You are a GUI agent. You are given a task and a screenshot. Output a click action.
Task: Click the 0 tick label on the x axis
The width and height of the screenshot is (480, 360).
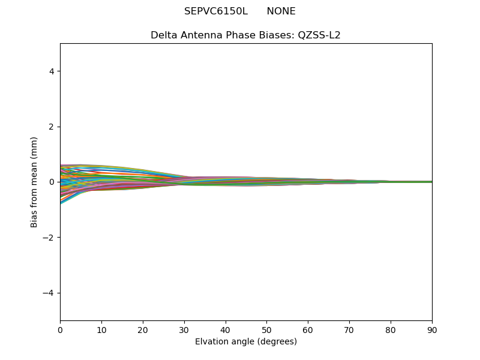click(x=60, y=329)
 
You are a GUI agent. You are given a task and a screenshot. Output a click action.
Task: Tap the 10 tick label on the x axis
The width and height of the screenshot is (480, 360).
click(x=101, y=329)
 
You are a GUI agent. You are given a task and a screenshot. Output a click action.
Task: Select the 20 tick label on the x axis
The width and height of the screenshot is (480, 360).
click(x=143, y=329)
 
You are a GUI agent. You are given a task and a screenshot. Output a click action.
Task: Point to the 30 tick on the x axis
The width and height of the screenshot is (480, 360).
click(x=184, y=329)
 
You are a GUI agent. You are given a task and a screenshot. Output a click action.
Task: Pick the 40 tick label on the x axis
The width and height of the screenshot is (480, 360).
click(x=226, y=329)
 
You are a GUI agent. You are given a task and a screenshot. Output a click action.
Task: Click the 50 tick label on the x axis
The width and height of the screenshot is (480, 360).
click(x=266, y=329)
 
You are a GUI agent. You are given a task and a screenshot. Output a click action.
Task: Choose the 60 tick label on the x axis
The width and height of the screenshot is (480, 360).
click(x=308, y=329)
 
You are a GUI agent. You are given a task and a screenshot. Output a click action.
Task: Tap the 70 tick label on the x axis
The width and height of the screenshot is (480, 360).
click(x=349, y=329)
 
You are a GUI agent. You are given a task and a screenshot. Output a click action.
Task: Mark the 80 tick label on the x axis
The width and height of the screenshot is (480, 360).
click(x=391, y=329)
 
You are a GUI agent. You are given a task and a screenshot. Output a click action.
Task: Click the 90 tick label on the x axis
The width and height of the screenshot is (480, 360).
click(x=432, y=329)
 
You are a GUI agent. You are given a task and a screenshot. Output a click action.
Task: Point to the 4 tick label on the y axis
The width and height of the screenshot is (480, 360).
click(x=52, y=71)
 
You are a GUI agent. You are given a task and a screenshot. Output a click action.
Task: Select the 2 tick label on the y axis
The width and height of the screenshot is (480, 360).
click(x=52, y=127)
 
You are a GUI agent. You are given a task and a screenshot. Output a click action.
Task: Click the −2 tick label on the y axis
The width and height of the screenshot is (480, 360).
click(x=49, y=238)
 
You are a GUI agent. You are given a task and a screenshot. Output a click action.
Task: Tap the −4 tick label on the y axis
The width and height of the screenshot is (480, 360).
click(x=49, y=293)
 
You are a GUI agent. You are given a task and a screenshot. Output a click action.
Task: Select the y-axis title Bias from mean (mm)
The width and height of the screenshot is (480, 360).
click(x=35, y=182)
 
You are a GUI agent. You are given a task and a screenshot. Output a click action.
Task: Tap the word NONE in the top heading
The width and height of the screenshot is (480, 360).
click(x=281, y=11)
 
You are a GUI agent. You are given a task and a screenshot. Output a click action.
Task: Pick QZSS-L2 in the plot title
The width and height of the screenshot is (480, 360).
click(x=319, y=35)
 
